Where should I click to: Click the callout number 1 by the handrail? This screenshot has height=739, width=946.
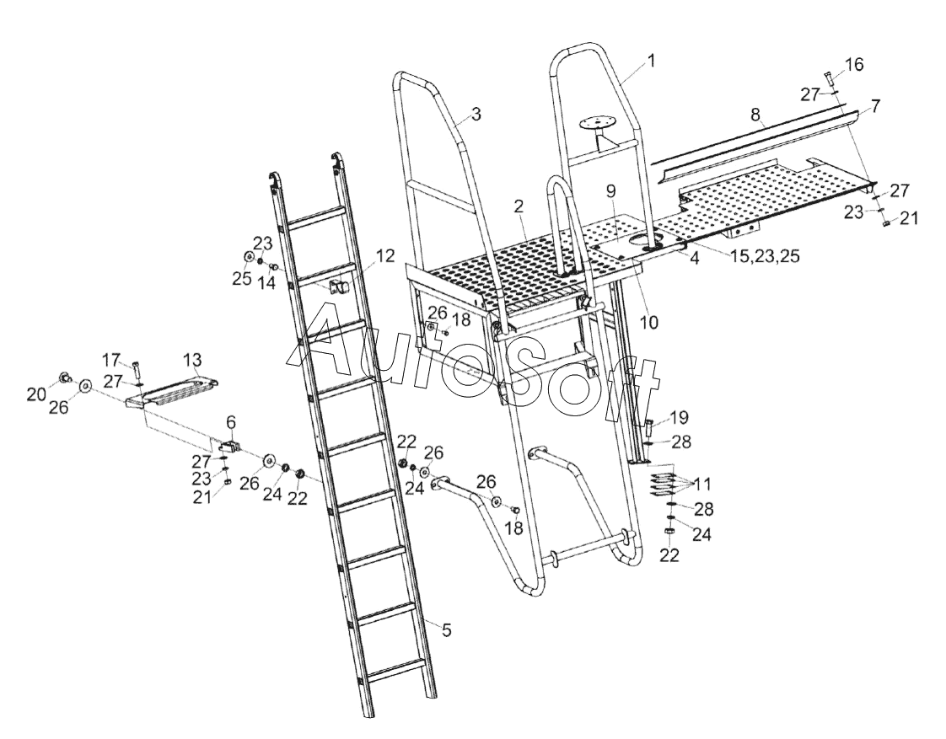click(x=650, y=61)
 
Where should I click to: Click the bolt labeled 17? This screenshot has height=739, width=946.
click(x=136, y=369)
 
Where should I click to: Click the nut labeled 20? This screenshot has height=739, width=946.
click(x=64, y=376)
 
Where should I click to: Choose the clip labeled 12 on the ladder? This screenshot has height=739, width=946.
click(x=340, y=286)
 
